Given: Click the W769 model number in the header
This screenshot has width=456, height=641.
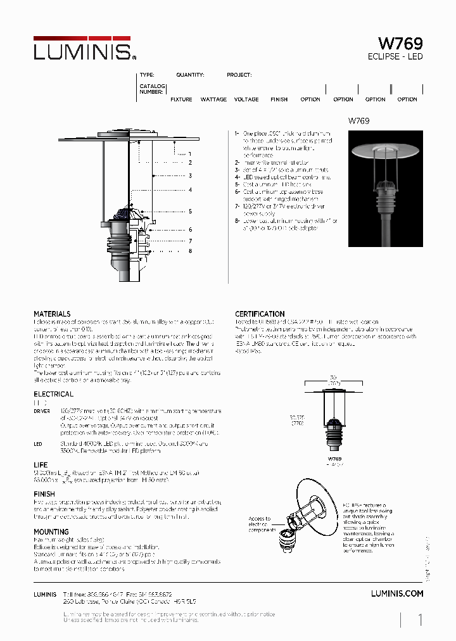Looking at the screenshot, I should (x=400, y=44).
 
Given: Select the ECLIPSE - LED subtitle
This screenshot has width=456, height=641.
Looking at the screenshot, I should (x=395, y=57).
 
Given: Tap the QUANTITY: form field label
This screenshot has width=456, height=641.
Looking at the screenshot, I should (x=190, y=75).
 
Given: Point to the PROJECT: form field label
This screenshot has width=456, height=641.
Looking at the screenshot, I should (x=239, y=75).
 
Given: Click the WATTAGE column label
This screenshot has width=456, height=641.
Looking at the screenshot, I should (x=213, y=99).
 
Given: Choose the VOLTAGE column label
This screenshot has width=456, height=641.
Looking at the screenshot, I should (x=246, y=99).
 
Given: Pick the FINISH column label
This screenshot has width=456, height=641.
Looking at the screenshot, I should (x=279, y=99).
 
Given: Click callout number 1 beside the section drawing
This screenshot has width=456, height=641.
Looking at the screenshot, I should (x=189, y=154).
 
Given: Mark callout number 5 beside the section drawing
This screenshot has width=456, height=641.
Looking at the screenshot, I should (x=189, y=212).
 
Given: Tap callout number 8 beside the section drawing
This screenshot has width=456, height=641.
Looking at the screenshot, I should (x=189, y=251).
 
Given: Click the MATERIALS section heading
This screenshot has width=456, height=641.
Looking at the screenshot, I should (x=52, y=314).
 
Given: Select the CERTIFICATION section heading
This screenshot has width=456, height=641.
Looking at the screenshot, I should (x=260, y=314).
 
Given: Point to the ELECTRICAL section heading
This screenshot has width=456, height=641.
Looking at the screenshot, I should (x=53, y=394).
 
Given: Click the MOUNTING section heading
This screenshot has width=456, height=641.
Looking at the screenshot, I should (x=51, y=532).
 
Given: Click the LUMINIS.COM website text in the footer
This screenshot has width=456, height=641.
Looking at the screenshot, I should (x=396, y=593).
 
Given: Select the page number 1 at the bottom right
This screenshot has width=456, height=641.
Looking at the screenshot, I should (x=420, y=620).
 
